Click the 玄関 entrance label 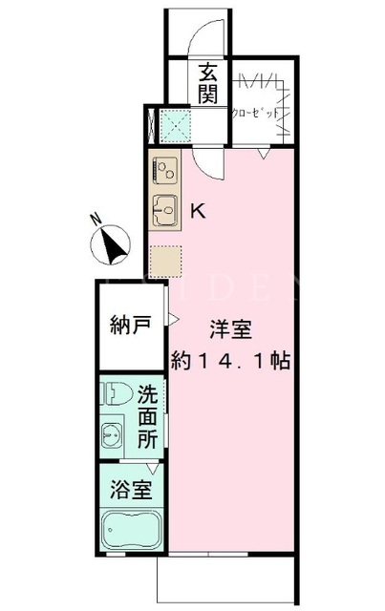pos(208,84)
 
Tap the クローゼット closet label pos(255,113)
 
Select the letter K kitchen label pos(198,211)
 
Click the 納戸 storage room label pos(131,325)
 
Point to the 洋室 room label pos(231,329)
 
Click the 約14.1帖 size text pos(230,361)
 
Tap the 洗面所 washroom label pos(147,416)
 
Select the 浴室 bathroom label pos(131,489)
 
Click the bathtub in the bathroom pos(131,531)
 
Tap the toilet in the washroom pos(116,393)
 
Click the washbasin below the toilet pos(112,435)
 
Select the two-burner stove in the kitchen pos(165,170)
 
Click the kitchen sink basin pos(165,210)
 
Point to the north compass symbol pos(110,245)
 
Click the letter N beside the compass pos(95,219)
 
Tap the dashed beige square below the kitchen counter pos(166,261)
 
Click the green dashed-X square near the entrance pos(176,126)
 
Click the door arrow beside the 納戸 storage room pos(174,320)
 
